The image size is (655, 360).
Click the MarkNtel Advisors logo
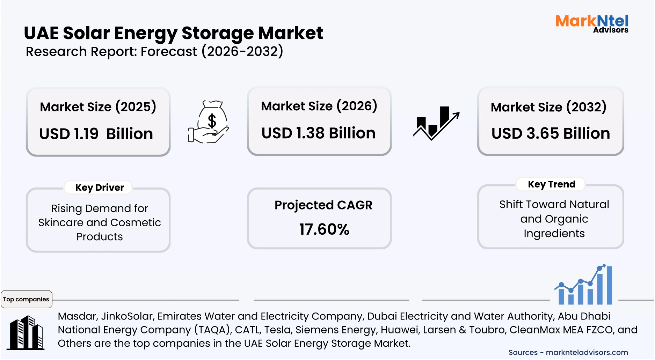[x=592, y=23]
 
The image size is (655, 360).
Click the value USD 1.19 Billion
[x=96, y=134]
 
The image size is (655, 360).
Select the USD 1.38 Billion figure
[x=318, y=133]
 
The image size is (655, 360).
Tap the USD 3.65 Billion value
[x=551, y=134]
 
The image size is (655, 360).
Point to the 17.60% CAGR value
[x=324, y=229]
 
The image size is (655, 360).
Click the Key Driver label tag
[x=100, y=188]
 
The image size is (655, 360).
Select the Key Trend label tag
[x=551, y=184]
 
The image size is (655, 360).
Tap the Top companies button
[x=26, y=299]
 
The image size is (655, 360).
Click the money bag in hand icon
[x=209, y=122]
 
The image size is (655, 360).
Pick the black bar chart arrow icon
[x=436, y=123]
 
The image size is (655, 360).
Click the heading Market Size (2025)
[x=98, y=107]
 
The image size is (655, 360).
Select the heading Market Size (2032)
[x=548, y=107]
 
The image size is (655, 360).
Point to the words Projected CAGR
[x=323, y=205]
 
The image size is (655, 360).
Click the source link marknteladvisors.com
[x=587, y=353]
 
